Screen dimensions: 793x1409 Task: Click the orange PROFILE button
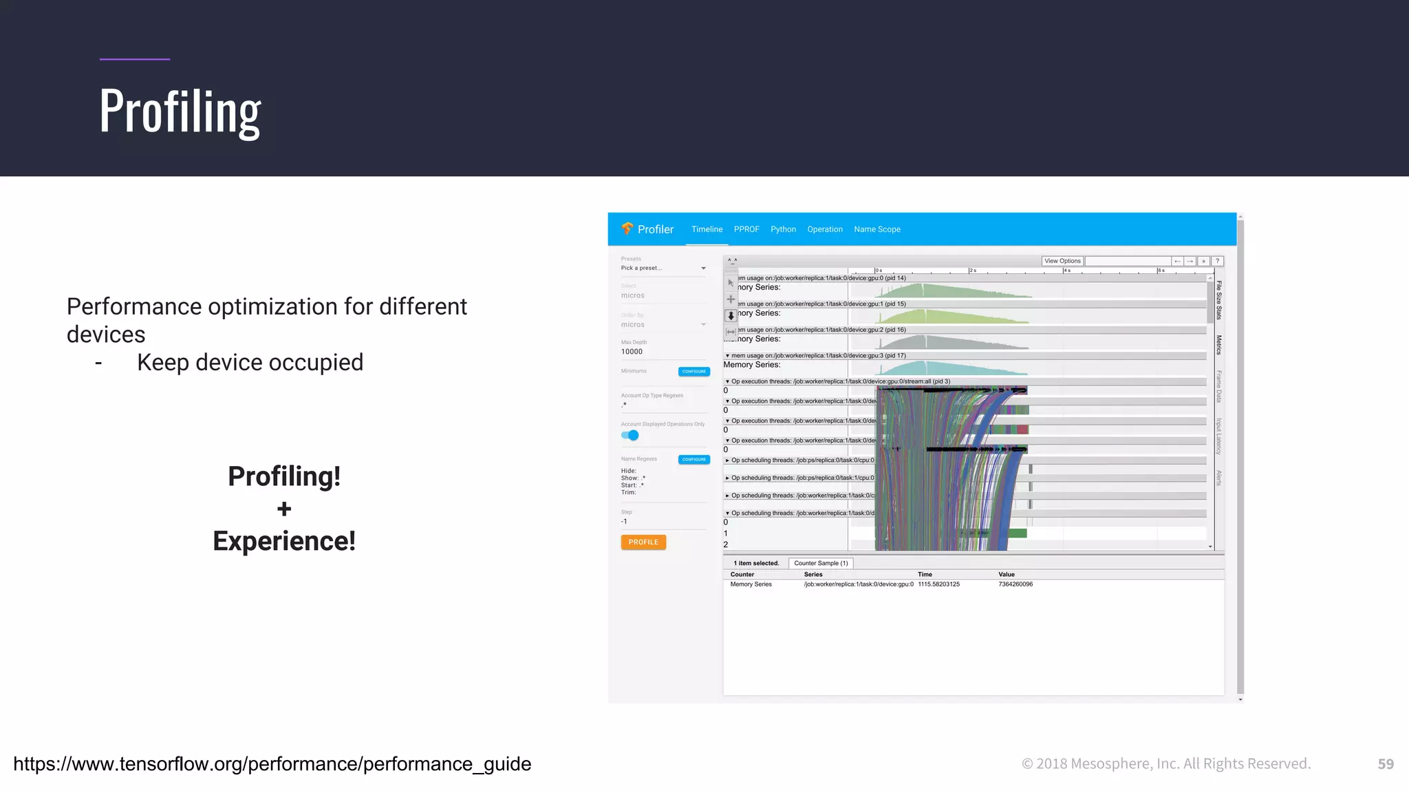(643, 542)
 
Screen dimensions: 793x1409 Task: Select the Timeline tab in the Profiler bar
(707, 229)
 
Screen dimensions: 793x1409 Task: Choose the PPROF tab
(746, 229)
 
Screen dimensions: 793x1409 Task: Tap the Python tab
(783, 229)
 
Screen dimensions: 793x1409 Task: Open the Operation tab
(825, 229)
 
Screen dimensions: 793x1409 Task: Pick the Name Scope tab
(877, 229)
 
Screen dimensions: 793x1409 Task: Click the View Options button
(1062, 261)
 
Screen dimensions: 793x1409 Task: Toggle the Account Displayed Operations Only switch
(630, 435)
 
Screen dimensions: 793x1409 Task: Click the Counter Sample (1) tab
(821, 563)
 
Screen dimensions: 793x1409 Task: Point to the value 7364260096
(1015, 584)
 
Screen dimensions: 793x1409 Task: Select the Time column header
(925, 574)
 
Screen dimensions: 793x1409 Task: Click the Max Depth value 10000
(632, 352)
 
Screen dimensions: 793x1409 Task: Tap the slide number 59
(1386, 764)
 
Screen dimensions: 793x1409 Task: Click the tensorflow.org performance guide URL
(272, 764)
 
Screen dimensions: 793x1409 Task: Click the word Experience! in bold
(284, 541)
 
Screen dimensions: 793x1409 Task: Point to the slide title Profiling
(180, 112)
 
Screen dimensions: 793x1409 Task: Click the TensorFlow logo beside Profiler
(627, 229)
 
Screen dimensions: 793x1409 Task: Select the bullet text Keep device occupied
(250, 363)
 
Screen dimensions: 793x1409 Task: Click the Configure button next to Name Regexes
(693, 459)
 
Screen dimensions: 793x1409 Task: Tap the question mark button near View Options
(1217, 261)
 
